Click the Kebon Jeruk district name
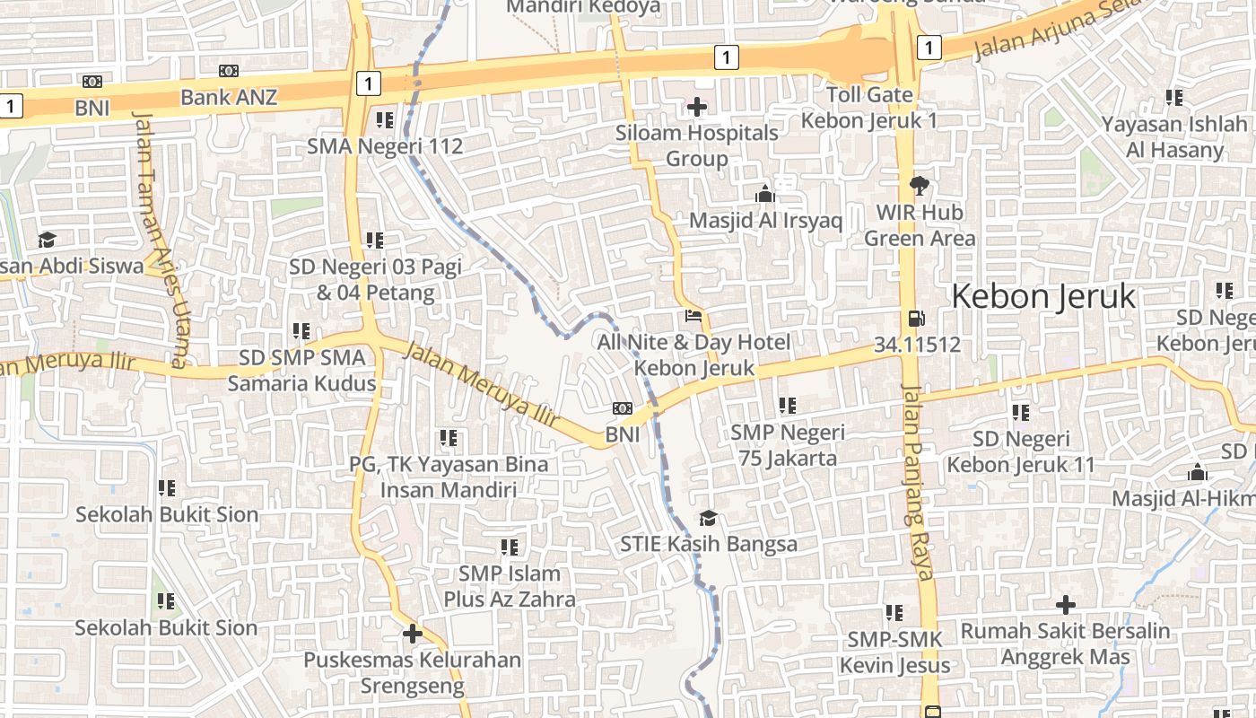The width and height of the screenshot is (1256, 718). pos(1042,296)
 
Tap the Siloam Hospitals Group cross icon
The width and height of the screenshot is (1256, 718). pos(696,108)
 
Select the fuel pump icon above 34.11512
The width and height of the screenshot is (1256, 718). pos(916,319)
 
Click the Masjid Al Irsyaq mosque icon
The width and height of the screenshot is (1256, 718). pos(764,194)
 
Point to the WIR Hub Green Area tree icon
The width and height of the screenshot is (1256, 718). pos(919,186)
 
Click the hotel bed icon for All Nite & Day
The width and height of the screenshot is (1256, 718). pos(693,316)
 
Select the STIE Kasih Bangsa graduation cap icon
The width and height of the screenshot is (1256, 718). pos(708,519)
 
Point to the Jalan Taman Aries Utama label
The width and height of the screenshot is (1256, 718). pos(159,238)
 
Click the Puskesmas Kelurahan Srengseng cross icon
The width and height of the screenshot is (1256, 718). pos(412,634)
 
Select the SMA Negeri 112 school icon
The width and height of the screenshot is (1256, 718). pos(385,119)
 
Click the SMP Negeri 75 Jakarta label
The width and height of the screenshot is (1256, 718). pos(788,445)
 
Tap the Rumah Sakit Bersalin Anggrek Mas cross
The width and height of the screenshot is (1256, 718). pos(1065,605)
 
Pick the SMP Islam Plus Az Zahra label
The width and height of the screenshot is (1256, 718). pos(510,586)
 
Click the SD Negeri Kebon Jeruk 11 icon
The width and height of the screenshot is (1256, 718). pos(1020,413)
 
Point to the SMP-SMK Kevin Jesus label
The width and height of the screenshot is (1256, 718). pos(894,652)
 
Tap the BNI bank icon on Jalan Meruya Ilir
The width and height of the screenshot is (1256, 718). pos(622,408)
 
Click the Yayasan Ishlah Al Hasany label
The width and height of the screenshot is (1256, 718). pos(1174,137)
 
